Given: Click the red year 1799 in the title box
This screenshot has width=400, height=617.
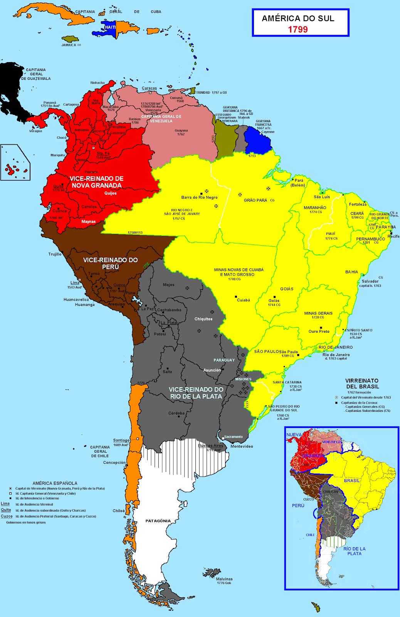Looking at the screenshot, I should click(x=297, y=29).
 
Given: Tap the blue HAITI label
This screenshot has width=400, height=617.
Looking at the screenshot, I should click(x=110, y=27).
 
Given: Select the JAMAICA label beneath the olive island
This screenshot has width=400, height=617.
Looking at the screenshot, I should click(x=69, y=45).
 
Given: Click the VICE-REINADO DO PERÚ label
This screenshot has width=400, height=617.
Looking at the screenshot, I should click(x=110, y=263).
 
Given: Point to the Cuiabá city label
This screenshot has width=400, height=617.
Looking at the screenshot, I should click(x=243, y=300).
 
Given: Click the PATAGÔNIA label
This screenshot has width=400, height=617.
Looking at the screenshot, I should click(x=158, y=521).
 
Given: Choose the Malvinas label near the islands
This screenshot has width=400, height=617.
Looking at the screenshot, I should click(x=224, y=579).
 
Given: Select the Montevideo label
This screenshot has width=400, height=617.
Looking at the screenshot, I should click(x=242, y=447).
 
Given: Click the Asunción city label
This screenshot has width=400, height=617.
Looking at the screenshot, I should click(x=212, y=370).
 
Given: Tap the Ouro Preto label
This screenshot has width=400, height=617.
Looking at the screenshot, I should click(x=319, y=331).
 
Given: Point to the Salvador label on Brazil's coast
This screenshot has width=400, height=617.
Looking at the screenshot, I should click(x=370, y=281).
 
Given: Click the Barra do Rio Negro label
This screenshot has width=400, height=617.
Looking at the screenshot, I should click(x=199, y=197).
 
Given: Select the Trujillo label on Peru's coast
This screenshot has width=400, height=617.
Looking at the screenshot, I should click(x=55, y=254).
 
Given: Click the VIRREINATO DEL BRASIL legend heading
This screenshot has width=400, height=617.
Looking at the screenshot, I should click(x=362, y=383).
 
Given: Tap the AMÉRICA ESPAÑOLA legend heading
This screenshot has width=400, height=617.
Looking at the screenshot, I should click(x=55, y=483).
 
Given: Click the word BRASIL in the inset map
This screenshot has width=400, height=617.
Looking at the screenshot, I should click(x=351, y=480).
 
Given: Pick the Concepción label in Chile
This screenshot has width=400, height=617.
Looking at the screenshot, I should click(x=114, y=462).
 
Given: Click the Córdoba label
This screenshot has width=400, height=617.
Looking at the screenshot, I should click(x=176, y=413).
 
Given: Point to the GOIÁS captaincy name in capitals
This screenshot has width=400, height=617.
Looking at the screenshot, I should click(x=287, y=289).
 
